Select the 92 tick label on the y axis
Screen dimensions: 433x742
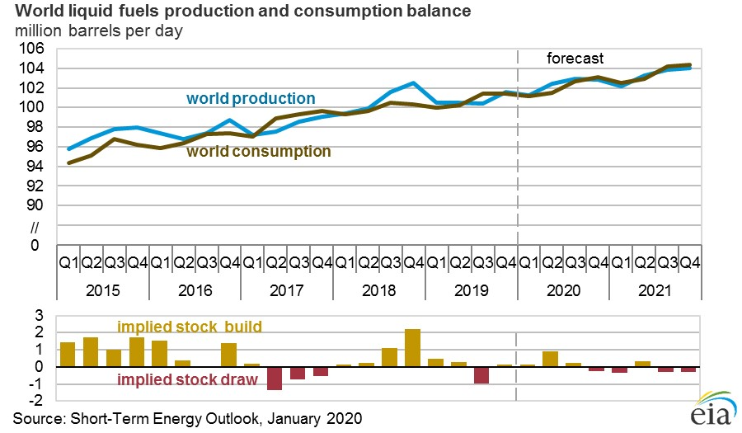click(x=35, y=186)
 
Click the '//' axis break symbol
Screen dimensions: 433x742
click(x=35, y=225)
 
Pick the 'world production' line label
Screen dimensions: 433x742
click(x=251, y=99)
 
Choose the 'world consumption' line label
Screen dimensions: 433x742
click(x=258, y=152)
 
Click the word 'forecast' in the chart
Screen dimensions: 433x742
click(x=575, y=59)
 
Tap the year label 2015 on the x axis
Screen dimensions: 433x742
click(x=102, y=291)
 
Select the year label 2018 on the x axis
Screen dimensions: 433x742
click(x=378, y=291)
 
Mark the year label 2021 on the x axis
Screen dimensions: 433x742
click(x=655, y=291)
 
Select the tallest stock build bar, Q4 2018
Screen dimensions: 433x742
click(x=413, y=347)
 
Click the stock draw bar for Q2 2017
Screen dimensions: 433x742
click(x=275, y=378)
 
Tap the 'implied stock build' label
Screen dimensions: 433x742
click(x=189, y=327)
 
